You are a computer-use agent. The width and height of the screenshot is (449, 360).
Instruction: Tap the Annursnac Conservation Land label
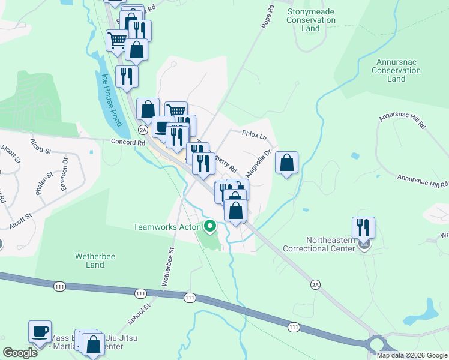click(x=396, y=70)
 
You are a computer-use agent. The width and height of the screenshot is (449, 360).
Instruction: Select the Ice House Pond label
click(x=111, y=100)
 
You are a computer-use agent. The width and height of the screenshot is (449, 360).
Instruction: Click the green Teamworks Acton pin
click(x=209, y=226)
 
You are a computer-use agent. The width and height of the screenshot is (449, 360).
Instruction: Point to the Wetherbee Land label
click(x=91, y=260)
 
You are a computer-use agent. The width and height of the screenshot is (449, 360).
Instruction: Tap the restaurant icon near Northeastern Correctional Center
click(x=363, y=228)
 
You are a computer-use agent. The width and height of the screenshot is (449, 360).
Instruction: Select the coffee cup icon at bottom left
click(x=40, y=332)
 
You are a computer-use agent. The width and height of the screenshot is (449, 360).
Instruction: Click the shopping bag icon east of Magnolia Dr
click(x=286, y=163)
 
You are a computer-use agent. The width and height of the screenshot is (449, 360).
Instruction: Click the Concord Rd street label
click(x=128, y=142)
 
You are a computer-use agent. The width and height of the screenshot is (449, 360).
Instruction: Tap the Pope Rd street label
click(x=268, y=18)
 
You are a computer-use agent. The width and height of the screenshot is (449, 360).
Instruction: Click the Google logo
click(x=20, y=352)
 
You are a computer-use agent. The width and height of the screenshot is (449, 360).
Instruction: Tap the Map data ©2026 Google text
click(x=411, y=355)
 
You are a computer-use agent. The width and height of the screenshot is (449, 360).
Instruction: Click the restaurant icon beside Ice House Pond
click(x=127, y=76)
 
